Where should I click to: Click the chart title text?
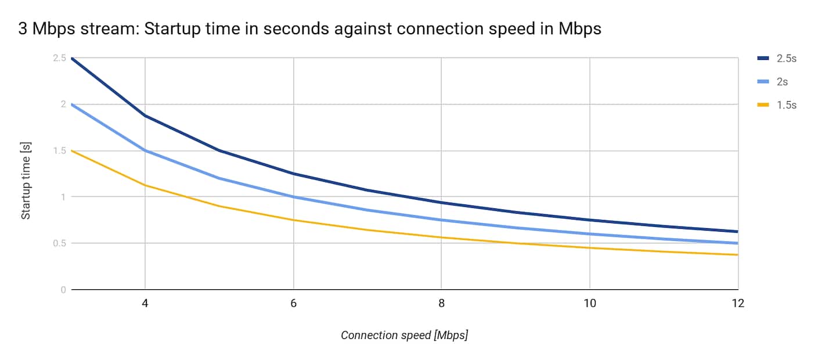(x=309, y=29)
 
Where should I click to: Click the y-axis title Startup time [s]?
(x=26, y=174)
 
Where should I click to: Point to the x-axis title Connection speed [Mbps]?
(x=404, y=336)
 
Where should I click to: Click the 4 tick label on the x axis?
(x=145, y=304)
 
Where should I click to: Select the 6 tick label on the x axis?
(x=293, y=304)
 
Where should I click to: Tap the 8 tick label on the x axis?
(x=441, y=304)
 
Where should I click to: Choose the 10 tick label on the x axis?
(x=589, y=304)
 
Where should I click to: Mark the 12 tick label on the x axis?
(x=737, y=304)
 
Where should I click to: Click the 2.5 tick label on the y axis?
(x=59, y=58)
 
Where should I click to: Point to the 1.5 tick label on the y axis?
(x=59, y=150)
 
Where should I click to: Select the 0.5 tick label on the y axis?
(x=59, y=243)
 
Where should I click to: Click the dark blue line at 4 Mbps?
(x=145, y=116)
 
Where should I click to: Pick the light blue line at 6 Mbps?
(x=293, y=197)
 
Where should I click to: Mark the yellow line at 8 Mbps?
(x=441, y=237)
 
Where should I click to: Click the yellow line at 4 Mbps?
(x=145, y=185)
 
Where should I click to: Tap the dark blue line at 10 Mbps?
(x=589, y=220)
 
